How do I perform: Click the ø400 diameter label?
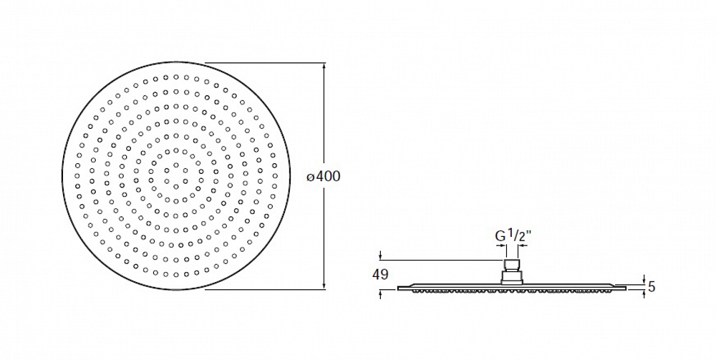(x=324, y=176)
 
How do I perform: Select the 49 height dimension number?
(x=380, y=275)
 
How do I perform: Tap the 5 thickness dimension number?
(x=652, y=286)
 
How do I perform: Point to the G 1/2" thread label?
(x=513, y=236)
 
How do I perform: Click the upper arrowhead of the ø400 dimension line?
(x=324, y=67)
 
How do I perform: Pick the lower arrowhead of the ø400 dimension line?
(x=324, y=285)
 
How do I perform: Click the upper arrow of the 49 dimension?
(x=380, y=256)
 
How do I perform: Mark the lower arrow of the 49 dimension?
(x=380, y=294)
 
